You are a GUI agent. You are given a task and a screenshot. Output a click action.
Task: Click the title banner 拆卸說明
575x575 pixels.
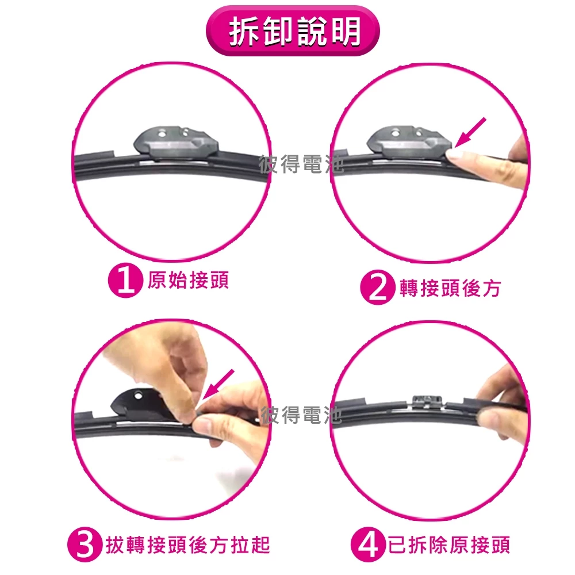pyautogui.click(x=293, y=31)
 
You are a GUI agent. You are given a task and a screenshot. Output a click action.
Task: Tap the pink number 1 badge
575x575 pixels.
pyautogui.click(x=125, y=281)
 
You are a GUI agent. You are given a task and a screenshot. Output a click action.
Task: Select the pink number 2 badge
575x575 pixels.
pyautogui.click(x=378, y=287)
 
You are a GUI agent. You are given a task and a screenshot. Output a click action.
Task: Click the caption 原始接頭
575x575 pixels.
pyautogui.click(x=188, y=281)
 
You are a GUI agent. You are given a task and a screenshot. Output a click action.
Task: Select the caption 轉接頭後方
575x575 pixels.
pyautogui.click(x=450, y=288)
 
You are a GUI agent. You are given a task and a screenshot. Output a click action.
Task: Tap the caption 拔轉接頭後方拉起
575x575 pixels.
pyautogui.click(x=188, y=545)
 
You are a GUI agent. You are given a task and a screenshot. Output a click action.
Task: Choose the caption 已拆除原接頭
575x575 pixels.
pyautogui.click(x=449, y=545)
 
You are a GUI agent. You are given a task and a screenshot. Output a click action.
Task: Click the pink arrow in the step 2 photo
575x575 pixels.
pyautogui.click(x=470, y=133)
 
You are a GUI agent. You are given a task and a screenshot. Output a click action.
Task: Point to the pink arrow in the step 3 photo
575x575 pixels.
pyautogui.click(x=218, y=384)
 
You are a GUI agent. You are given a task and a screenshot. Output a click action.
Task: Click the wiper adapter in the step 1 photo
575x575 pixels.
pyautogui.click(x=176, y=143)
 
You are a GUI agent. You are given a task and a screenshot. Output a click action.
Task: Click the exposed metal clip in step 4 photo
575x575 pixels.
pyautogui.click(x=427, y=402)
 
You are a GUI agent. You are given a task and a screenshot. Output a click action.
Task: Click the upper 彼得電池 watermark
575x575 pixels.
pyautogui.click(x=301, y=164)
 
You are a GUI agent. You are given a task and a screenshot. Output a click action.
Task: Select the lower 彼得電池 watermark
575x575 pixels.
pyautogui.click(x=301, y=416)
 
